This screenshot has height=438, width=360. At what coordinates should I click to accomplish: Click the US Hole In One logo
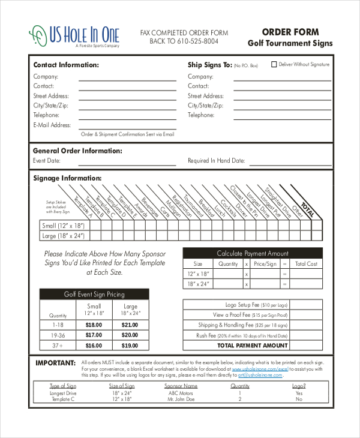click(74, 35)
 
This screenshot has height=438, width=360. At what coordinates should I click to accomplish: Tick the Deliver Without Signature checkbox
click(275, 64)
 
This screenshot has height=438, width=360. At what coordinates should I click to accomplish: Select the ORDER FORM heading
click(290, 32)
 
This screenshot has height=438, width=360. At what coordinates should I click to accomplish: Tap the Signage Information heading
click(67, 178)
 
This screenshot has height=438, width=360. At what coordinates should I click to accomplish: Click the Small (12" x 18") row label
click(62, 226)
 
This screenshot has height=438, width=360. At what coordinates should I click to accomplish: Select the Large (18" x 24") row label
click(62, 236)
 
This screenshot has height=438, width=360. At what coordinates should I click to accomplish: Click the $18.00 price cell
click(94, 325)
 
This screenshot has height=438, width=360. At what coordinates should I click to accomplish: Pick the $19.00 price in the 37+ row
click(130, 346)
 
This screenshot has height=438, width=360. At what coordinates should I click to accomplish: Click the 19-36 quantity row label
click(58, 335)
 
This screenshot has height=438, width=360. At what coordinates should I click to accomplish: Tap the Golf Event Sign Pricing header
click(94, 294)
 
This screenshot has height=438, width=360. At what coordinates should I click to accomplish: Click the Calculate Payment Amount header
click(253, 253)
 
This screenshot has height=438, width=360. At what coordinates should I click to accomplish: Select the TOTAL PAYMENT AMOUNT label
click(253, 346)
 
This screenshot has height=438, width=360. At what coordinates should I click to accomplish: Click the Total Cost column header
click(306, 263)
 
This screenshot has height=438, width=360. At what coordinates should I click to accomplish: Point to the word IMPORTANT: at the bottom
click(55, 363)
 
